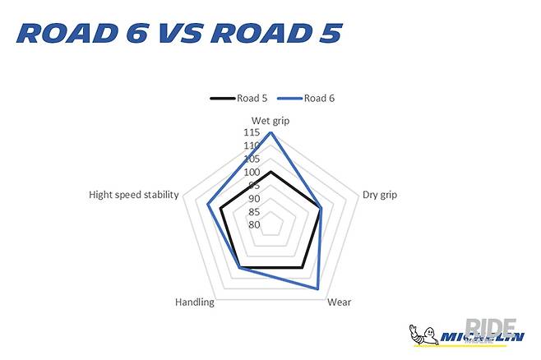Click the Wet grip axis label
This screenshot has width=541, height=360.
(x=270, y=122)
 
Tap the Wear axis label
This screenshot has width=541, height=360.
(x=339, y=302)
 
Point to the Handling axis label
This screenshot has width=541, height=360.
(x=195, y=302)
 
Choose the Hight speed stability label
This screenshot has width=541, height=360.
(x=133, y=195)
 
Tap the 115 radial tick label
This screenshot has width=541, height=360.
(x=252, y=132)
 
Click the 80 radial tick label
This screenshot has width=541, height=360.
(x=254, y=224)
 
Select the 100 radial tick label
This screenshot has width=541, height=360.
(x=252, y=172)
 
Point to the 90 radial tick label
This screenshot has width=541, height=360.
(x=254, y=198)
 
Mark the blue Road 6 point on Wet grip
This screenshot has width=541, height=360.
(x=271, y=133)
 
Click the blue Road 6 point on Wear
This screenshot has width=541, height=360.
(x=318, y=289)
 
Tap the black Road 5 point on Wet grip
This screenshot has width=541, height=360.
(x=271, y=172)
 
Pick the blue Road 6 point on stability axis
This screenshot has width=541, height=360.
(x=208, y=205)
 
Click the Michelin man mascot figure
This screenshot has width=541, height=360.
(x=419, y=335)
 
